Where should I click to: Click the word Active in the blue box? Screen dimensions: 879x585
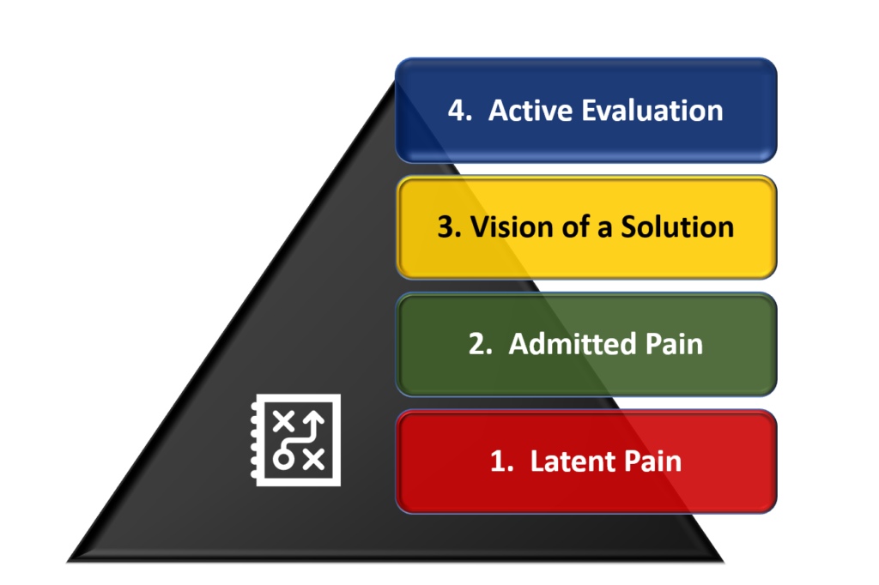tap(530, 111)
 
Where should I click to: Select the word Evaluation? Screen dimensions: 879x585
tap(652, 111)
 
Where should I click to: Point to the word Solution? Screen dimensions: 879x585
tap(677, 227)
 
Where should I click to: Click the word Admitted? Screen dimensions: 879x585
tap(572, 343)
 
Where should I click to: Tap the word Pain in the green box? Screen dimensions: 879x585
tap(674, 343)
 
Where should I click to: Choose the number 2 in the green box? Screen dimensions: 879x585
tap(480, 344)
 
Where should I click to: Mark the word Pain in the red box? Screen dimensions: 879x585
tap(653, 461)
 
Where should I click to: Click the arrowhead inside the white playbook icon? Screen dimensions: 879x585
tap(314, 419)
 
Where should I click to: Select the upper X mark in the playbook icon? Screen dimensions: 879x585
tap(283, 421)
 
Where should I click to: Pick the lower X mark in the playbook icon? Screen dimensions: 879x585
tap(313, 460)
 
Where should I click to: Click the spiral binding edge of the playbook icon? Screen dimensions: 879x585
tap(254, 440)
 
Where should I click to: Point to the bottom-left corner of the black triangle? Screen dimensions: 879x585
tap(67, 562)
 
